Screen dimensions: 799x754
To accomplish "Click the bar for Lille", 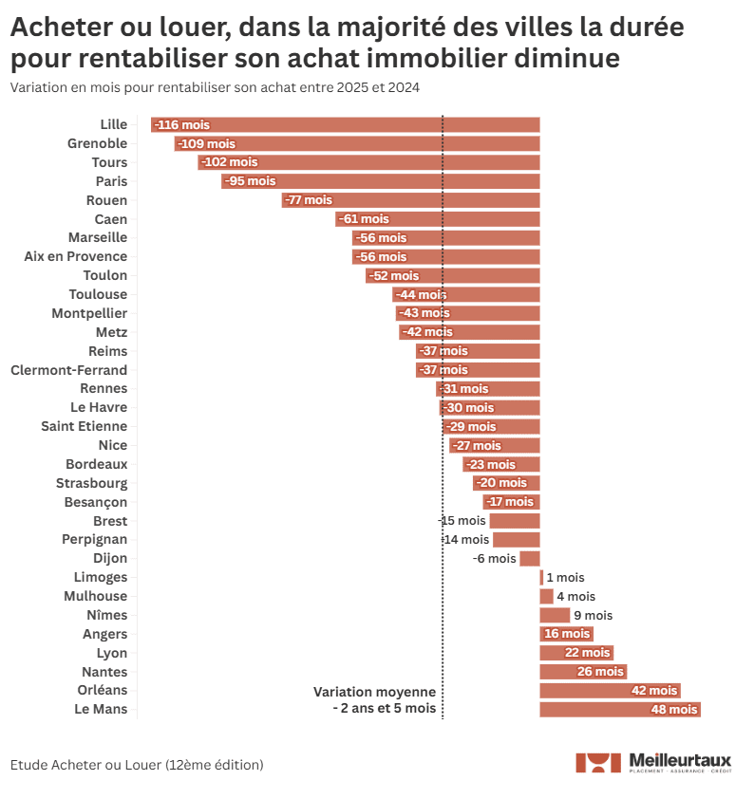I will pos(345,124).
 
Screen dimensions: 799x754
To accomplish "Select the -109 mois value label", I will pos(206,143).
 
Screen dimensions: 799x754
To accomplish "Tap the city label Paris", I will pos(111,181).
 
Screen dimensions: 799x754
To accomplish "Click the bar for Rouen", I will pos(410,200).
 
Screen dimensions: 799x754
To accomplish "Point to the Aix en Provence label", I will pos(75,256).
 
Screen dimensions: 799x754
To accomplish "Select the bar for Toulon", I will pos(452,275).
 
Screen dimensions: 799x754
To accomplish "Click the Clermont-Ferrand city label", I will pos(68,370).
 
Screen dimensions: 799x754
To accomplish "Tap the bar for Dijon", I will pos(529,559).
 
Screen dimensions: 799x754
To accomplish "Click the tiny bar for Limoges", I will pos(541,577).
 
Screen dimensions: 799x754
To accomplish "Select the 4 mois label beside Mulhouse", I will pos(575,596).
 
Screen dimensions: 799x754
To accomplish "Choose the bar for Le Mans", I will pos(619,710).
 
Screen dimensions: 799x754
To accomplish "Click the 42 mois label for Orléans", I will pos(654,691).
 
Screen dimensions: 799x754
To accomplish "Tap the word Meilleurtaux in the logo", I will pos(680,759).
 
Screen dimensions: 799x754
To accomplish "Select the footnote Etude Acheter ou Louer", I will pos(137,764).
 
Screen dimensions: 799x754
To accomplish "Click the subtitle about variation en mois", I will pos(215,87).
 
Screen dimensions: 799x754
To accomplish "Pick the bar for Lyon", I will pos(576,653).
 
